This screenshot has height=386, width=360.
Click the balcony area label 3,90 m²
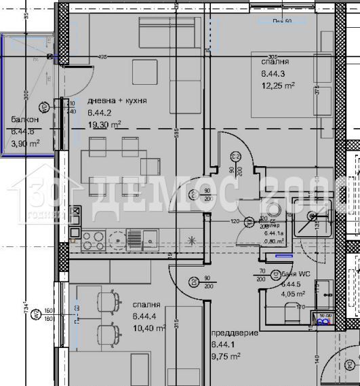(25, 142)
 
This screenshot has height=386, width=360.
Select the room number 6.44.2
(102, 113)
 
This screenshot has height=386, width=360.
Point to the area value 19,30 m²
(104, 125)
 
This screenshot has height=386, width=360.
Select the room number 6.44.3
(273, 73)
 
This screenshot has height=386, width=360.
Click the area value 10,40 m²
(150, 328)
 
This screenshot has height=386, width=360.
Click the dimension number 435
(103, 57)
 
